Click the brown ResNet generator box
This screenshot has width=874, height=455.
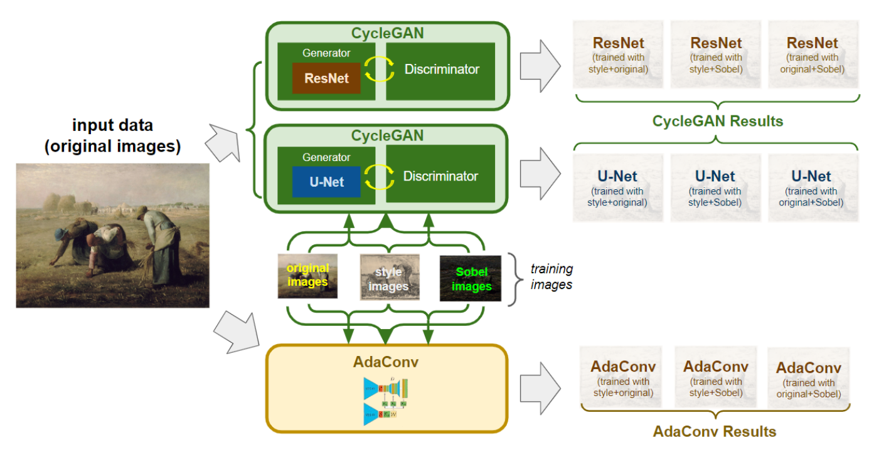[x=326, y=78]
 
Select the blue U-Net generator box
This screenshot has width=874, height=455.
[x=326, y=182]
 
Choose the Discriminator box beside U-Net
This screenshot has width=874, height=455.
[x=440, y=176]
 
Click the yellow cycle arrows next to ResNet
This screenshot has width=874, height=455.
[x=380, y=70]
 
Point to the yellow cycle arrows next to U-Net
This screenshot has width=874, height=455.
[x=380, y=177]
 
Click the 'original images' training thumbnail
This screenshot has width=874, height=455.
[x=307, y=276]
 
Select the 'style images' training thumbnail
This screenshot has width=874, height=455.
[x=388, y=277]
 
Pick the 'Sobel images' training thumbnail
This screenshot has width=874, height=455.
[x=471, y=278]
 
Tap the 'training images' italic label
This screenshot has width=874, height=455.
[x=552, y=276]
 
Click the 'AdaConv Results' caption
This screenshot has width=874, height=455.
[x=715, y=431]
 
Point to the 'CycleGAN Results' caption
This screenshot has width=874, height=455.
[x=718, y=121]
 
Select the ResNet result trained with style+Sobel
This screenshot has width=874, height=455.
[x=716, y=56]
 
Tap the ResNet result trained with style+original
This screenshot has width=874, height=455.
[x=619, y=56]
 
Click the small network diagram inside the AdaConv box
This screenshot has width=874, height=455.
[x=385, y=401]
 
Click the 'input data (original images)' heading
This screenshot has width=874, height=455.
[x=112, y=136]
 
